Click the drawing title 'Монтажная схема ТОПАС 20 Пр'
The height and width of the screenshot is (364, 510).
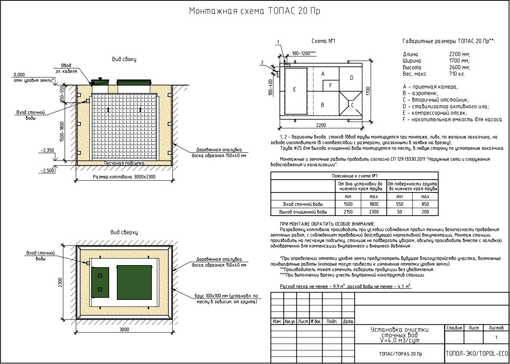tap(255, 11)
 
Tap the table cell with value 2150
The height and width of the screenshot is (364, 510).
tap(348, 212)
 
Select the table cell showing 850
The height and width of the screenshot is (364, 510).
tap(425, 204)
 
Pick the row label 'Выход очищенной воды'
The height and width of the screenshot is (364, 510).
tap(303, 212)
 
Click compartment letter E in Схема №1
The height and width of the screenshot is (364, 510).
tap(295, 89)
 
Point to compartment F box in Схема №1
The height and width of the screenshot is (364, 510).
tap(331, 85)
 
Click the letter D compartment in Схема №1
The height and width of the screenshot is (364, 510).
tap(352, 77)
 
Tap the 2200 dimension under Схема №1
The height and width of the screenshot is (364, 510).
tap(321, 125)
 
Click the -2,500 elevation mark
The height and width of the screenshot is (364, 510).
tap(47, 171)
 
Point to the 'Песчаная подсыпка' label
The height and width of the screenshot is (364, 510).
tap(124, 163)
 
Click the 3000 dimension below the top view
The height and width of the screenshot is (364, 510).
tap(124, 329)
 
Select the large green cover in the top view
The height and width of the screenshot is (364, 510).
tap(134, 282)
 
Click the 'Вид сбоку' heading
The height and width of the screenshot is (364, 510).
tap(124, 59)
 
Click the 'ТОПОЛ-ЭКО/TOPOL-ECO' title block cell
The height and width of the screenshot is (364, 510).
tap(477, 354)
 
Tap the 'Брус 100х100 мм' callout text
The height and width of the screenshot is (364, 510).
tap(227, 299)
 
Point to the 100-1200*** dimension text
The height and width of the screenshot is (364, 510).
tap(304, 53)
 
